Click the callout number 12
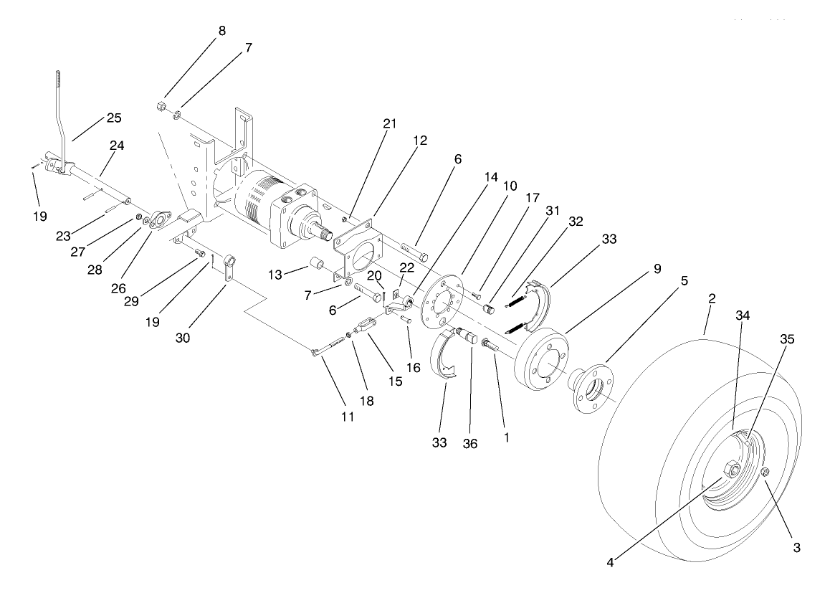pyautogui.click(x=420, y=141)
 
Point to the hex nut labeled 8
pyautogui.click(x=161, y=108)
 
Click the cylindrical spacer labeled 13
pyautogui.click(x=315, y=268)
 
